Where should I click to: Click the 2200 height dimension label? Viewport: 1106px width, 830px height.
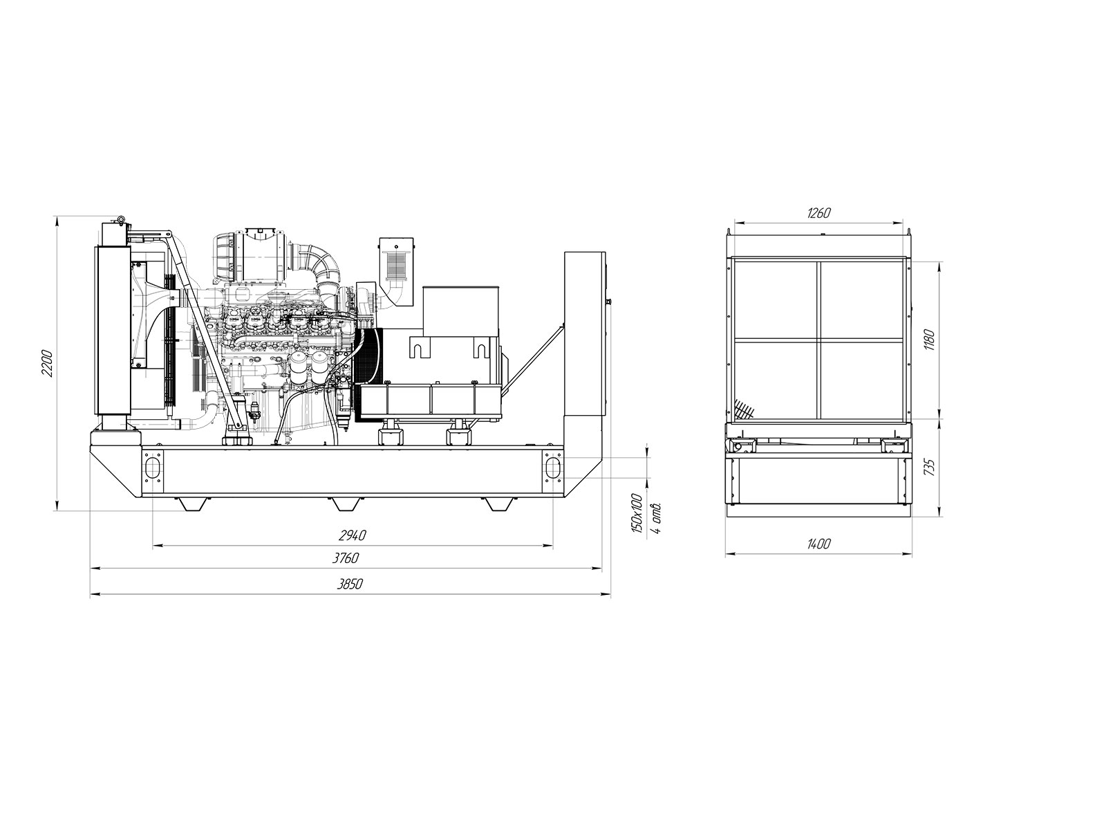(x=47, y=363)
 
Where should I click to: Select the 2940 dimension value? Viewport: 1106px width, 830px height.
(x=352, y=535)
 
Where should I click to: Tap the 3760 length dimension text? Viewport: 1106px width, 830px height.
(x=345, y=558)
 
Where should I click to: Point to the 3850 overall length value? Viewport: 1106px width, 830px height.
(x=350, y=584)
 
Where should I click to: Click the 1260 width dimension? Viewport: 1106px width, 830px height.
(x=819, y=212)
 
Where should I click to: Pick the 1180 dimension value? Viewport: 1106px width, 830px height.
(x=930, y=340)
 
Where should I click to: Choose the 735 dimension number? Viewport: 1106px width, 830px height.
(x=930, y=467)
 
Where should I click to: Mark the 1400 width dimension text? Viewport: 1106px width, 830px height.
(x=818, y=544)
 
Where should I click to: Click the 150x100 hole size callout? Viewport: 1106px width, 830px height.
(x=637, y=513)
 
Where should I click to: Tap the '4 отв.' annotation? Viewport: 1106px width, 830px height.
(x=655, y=517)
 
